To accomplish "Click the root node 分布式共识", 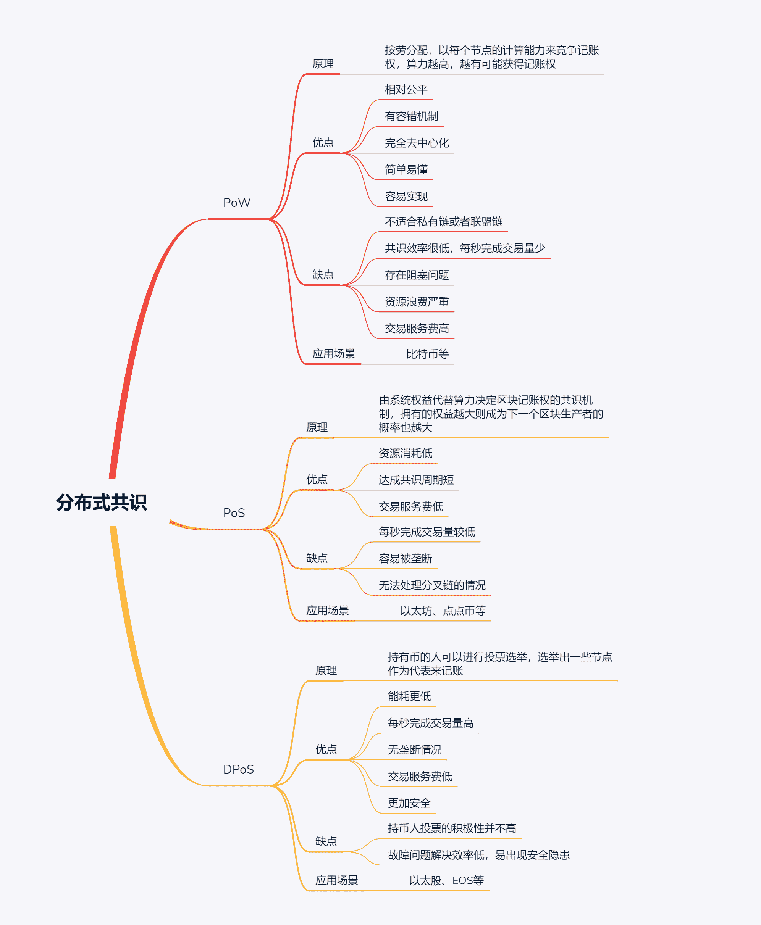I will [x=101, y=502].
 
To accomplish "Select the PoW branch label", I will [x=237, y=203].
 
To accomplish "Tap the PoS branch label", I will [x=234, y=513].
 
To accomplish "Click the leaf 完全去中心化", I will [x=417, y=143].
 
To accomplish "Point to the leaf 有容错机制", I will [x=411, y=116].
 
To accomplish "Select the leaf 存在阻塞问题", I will [x=417, y=275].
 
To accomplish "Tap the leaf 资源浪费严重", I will [x=417, y=302].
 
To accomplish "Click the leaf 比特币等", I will [x=427, y=354].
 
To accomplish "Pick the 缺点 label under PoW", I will [x=323, y=275].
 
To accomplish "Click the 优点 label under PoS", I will [x=317, y=480].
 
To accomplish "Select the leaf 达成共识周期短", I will [x=416, y=480].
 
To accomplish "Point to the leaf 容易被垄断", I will [x=406, y=558].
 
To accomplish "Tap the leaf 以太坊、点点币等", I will [x=443, y=611].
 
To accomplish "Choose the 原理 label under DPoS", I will [x=326, y=670].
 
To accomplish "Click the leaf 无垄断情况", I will [x=415, y=750].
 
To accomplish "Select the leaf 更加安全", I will [x=409, y=803].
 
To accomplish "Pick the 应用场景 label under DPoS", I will [x=337, y=880].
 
